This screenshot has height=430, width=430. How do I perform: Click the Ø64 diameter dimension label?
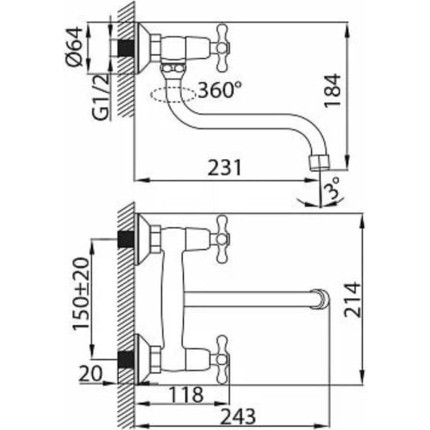74,46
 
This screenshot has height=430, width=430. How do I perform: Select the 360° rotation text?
220,90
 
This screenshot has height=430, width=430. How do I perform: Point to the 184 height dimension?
332,90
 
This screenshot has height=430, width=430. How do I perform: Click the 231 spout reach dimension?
224,168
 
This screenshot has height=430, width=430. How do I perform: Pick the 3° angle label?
332,188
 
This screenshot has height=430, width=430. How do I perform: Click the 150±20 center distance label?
81,293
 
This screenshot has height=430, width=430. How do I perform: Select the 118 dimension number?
186,394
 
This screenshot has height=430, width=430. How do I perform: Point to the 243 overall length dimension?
238,416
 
